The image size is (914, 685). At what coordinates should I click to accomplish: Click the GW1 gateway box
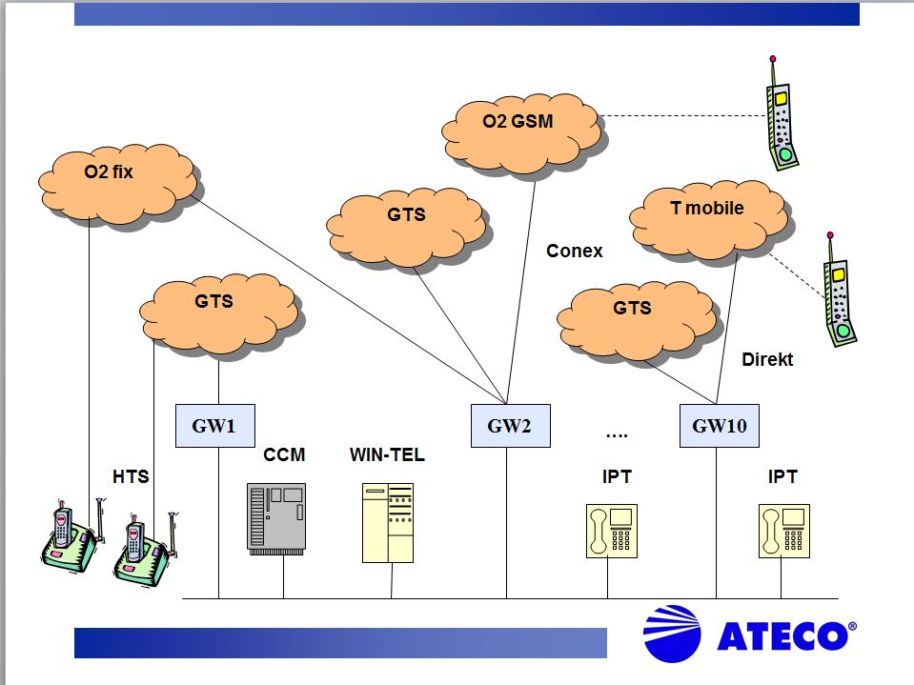[x=215, y=426]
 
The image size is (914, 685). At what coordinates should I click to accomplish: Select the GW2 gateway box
[x=511, y=426]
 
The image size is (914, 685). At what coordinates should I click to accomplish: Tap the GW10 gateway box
[x=720, y=426]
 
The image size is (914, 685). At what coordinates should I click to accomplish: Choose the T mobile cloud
[x=711, y=221]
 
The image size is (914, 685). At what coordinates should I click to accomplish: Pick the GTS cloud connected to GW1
[x=221, y=316]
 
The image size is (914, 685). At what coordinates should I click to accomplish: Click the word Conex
[x=574, y=252]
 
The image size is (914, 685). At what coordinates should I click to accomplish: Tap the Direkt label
[x=767, y=359]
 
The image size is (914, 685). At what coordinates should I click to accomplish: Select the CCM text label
[x=284, y=454]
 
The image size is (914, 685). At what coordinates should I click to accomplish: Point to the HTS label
[x=131, y=476]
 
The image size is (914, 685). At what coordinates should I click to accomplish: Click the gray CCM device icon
[x=276, y=518]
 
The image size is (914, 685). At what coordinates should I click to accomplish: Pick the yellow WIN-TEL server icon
[x=388, y=522]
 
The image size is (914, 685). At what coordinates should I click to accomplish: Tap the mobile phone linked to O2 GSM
[x=782, y=113]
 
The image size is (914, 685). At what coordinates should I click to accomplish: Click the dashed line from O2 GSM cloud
[x=683, y=116]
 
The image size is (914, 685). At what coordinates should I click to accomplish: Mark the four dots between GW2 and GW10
[x=617, y=435]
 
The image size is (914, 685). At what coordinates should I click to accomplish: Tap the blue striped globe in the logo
[x=672, y=634]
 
